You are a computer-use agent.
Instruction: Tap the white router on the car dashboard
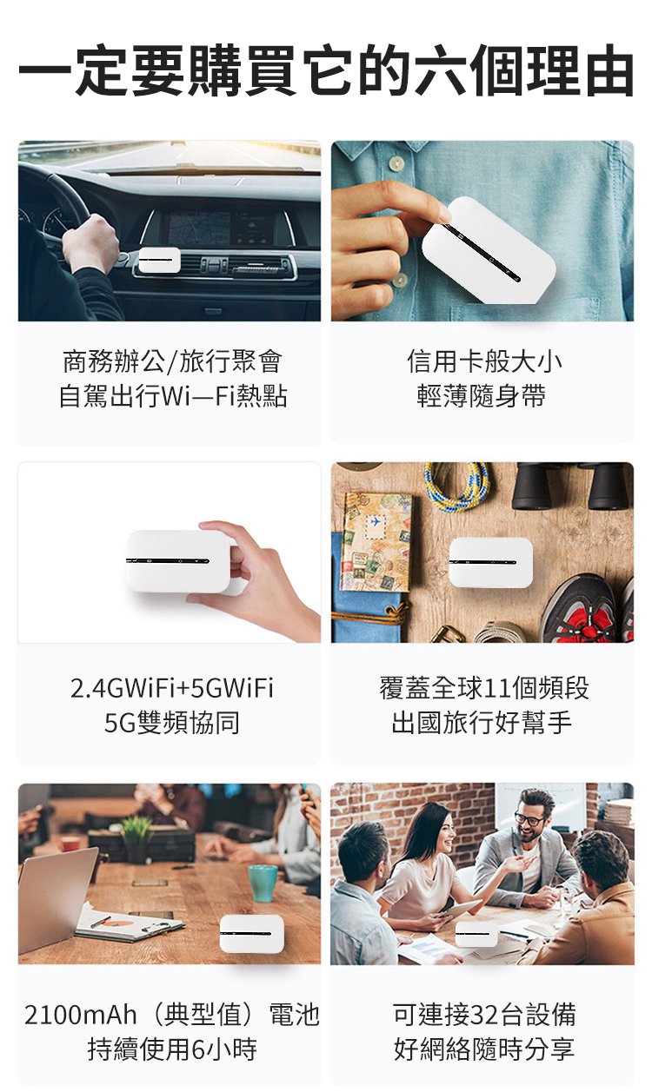pyautogui.click(x=159, y=261)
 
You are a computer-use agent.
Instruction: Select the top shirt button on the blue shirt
pyautogui.click(x=396, y=162)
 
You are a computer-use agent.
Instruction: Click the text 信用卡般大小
pyautogui.click(x=483, y=361)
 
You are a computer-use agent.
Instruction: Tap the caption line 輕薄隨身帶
pyautogui.click(x=482, y=395)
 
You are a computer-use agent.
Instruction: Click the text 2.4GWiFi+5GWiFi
pyautogui.click(x=171, y=688)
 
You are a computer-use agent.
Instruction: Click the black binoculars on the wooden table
pyautogui.click(x=573, y=485)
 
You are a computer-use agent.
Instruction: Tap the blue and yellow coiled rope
pyautogui.click(x=457, y=486)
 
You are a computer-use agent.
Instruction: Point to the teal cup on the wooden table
pyautogui.click(x=263, y=883)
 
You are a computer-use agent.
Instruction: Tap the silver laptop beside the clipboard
pyautogui.click(x=57, y=898)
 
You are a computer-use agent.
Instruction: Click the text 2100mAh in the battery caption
pyautogui.click(x=81, y=1015)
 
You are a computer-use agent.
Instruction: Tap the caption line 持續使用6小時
pyautogui.click(x=172, y=1049)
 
